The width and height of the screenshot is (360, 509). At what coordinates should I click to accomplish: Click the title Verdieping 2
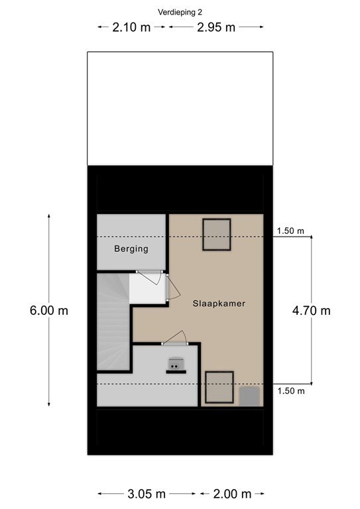coord(180,13)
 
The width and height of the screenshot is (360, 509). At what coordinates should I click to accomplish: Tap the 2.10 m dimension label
coord(131,27)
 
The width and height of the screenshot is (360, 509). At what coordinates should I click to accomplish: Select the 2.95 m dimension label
coord(216,27)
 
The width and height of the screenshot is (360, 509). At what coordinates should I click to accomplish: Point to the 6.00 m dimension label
coord(49,311)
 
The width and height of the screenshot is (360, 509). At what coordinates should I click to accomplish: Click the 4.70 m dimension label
coord(312,311)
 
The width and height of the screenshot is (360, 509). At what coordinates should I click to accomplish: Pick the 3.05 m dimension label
coord(147,494)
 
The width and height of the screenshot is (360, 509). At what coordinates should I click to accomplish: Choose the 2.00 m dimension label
coord(232,494)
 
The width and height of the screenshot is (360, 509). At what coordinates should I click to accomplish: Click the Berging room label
coord(131,249)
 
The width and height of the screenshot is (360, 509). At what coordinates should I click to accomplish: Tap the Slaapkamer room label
coord(219,304)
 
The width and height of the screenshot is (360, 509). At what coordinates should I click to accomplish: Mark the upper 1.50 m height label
coord(290,231)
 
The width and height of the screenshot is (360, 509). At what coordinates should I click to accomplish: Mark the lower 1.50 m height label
coord(291,390)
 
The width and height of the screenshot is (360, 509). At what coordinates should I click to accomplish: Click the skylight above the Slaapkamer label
coord(217,235)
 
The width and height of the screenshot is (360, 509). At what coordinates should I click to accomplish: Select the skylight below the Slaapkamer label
coord(219,388)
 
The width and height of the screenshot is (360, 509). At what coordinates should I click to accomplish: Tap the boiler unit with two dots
coord(176,365)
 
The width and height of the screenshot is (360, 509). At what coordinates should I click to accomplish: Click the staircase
coord(113,321)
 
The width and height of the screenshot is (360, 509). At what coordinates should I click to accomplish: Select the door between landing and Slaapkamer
coord(173,287)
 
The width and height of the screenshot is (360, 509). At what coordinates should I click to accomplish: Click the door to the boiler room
coord(175,338)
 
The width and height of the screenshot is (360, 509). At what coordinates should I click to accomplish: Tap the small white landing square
coord(147,288)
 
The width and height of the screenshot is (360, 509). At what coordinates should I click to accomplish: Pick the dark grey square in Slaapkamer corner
coord(249,396)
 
